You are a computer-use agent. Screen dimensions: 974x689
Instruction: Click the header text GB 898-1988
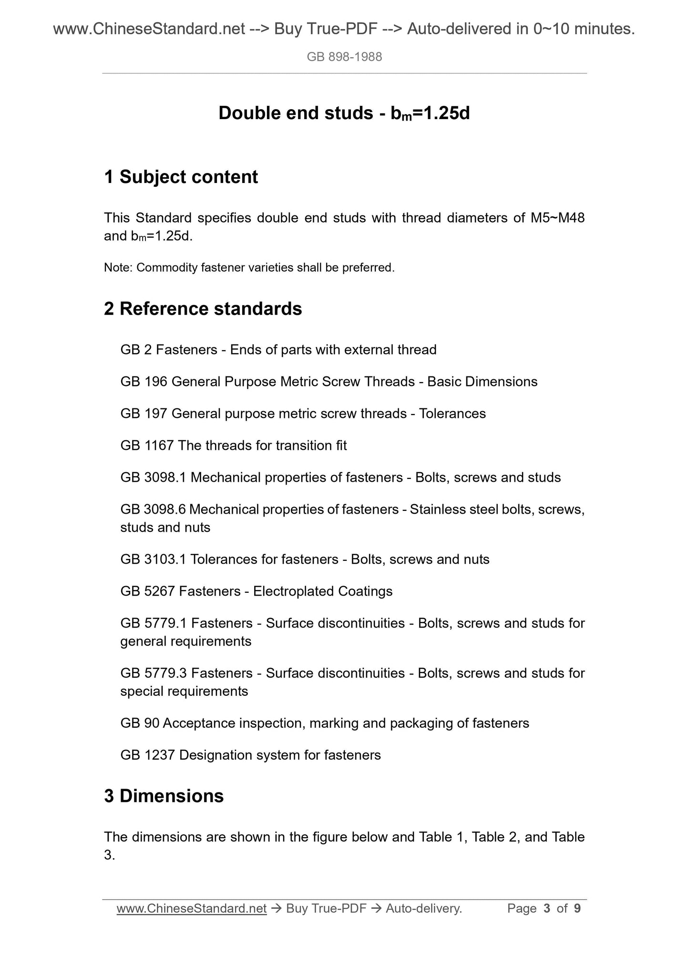(x=344, y=57)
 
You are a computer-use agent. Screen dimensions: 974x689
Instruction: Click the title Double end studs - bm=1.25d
(x=344, y=113)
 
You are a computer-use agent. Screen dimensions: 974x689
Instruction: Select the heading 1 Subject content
(x=181, y=177)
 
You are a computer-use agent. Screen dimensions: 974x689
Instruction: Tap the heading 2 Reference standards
(x=203, y=309)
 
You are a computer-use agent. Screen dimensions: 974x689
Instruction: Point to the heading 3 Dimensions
(x=164, y=796)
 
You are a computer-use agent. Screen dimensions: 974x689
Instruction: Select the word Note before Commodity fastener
(x=117, y=268)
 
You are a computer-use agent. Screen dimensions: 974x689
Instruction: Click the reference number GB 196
(x=144, y=382)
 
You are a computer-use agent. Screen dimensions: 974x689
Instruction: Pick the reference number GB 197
(x=144, y=414)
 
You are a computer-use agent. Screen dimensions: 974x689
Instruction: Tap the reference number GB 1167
(x=147, y=446)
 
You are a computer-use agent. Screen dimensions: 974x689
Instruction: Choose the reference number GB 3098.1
(x=153, y=477)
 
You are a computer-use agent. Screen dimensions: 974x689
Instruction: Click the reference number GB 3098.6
(x=153, y=509)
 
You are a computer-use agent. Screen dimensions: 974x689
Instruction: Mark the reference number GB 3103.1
(x=153, y=559)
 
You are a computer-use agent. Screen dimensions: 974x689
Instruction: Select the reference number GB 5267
(x=147, y=591)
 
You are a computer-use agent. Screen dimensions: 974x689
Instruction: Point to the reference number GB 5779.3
(x=153, y=673)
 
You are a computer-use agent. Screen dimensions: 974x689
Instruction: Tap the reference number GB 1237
(x=147, y=755)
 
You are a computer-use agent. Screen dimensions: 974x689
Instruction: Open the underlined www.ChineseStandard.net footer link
(x=191, y=909)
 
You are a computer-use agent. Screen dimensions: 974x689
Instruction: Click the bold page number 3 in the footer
(x=547, y=909)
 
